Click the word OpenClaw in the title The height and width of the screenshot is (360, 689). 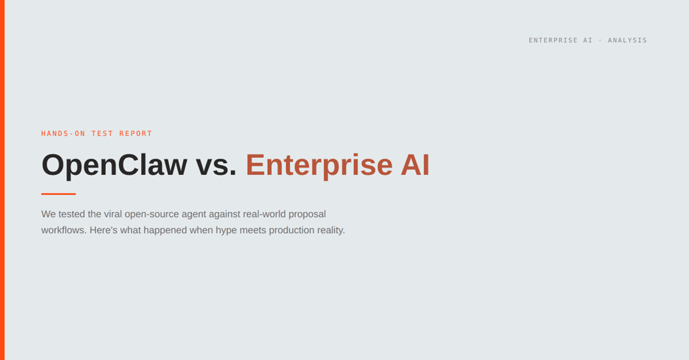pyautogui.click(x=114, y=165)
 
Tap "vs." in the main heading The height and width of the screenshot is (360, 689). pyautogui.click(x=216, y=165)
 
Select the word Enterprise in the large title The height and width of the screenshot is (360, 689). pyautogui.click(x=319, y=165)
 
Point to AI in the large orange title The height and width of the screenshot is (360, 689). pyautogui.click(x=415, y=165)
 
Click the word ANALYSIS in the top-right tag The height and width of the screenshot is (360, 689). pyautogui.click(x=627, y=40)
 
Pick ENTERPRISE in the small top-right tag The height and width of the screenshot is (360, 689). pyautogui.click(x=552, y=40)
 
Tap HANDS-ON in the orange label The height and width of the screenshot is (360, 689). pyautogui.click(x=63, y=134)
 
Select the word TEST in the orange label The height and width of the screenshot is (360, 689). pyautogui.click(x=102, y=134)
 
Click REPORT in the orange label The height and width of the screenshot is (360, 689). pyautogui.click(x=136, y=134)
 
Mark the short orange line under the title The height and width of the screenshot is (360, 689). pyautogui.click(x=59, y=193)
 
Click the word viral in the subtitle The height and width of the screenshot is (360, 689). pyautogui.click(x=113, y=214)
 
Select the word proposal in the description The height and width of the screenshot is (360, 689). pyautogui.click(x=307, y=215)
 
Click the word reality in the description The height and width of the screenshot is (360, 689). pyautogui.click(x=329, y=230)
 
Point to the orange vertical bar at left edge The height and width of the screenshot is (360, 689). pyautogui.click(x=2, y=180)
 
